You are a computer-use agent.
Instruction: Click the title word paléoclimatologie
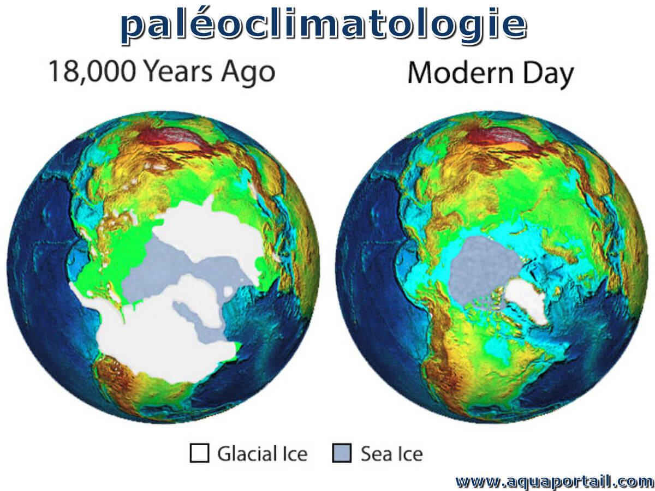tap(324, 25)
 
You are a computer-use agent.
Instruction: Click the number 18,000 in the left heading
tap(92, 72)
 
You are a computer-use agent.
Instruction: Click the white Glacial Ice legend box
tap(199, 453)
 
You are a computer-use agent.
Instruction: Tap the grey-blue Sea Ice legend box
tap(342, 453)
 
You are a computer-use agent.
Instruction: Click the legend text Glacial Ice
tap(263, 454)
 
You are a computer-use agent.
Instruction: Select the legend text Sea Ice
tap(392, 454)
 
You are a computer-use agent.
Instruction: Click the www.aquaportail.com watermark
tap(554, 481)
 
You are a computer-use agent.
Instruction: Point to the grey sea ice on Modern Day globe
tap(484, 268)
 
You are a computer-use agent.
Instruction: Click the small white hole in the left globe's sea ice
tap(228, 291)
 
